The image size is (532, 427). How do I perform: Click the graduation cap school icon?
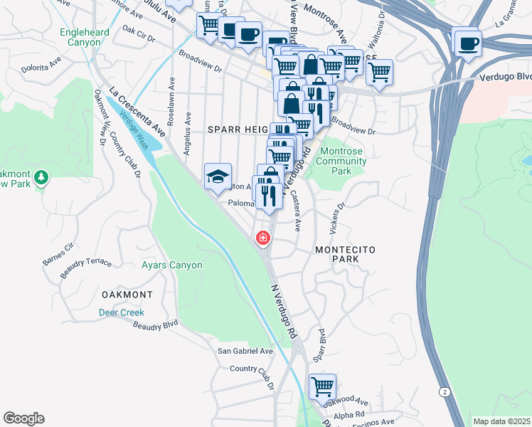218,176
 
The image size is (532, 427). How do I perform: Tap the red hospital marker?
263,238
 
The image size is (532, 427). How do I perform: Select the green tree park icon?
42,176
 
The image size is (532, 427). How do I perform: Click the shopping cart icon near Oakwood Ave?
323,386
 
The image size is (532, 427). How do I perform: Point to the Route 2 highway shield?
445,392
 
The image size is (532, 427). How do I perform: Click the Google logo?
23,418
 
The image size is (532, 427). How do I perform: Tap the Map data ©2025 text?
501,421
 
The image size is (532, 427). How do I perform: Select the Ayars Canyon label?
171,265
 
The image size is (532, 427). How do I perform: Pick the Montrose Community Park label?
342,161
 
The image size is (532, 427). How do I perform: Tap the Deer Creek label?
122,312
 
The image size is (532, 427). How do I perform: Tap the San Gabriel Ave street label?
245,351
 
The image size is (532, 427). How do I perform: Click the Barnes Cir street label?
58,253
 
